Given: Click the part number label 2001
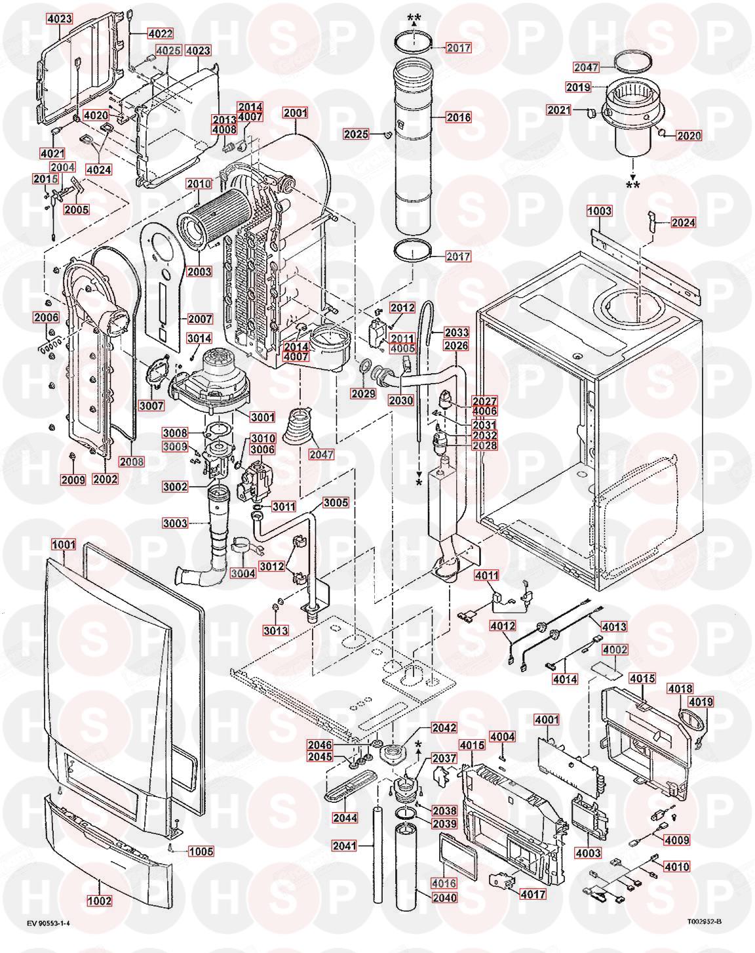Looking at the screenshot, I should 295,113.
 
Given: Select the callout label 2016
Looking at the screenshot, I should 458,117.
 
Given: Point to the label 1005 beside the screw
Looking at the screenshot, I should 201,851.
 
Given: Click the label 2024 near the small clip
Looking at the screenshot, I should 683,222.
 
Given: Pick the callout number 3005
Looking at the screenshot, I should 336,502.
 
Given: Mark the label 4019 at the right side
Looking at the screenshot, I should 701,702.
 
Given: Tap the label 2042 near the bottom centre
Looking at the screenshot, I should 444,727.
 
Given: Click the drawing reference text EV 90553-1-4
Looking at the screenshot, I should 48,923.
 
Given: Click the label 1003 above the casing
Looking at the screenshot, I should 599,211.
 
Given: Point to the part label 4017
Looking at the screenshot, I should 532,894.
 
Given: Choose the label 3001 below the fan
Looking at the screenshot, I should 263,416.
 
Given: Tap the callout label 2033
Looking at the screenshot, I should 456,333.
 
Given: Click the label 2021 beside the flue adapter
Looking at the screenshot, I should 559,111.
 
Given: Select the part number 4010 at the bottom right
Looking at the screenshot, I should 676,866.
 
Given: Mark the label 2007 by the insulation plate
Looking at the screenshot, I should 199,319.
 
